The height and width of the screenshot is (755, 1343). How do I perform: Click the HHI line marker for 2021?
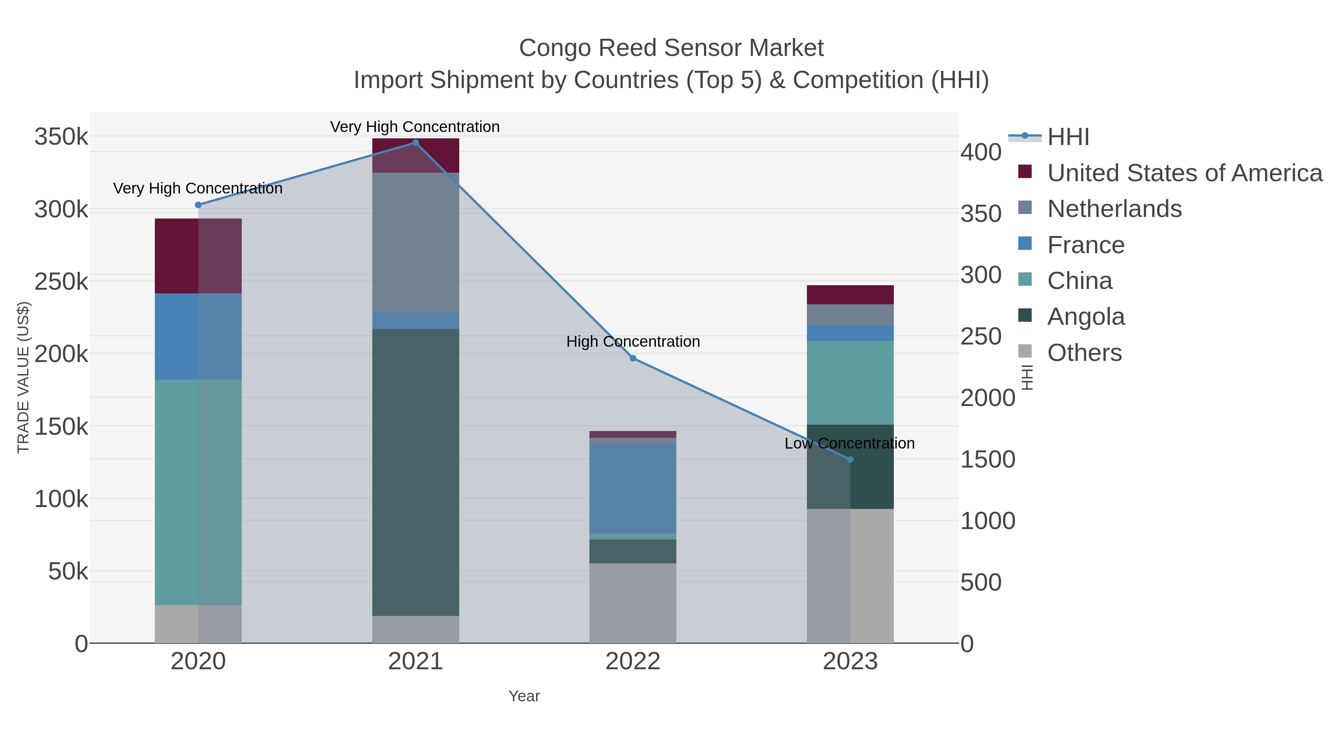point(416,143)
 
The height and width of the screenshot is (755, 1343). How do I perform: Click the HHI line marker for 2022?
point(633,358)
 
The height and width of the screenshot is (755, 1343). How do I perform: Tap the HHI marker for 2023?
point(850,460)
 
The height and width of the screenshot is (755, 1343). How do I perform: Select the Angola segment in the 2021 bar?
point(416,472)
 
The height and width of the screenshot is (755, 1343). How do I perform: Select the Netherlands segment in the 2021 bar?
point(416,242)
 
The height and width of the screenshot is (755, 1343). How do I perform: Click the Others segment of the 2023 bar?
point(850,576)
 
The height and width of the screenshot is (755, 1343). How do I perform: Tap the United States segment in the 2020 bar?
point(198,256)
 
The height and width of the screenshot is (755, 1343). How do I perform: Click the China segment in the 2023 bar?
point(850,383)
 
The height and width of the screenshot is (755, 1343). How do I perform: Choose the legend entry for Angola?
point(1086,317)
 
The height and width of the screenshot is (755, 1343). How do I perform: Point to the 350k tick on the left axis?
point(61,137)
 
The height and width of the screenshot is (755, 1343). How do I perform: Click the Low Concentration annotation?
point(849,443)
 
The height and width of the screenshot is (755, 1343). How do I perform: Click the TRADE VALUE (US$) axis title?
point(24,377)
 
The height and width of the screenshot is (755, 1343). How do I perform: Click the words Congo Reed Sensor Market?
point(671,48)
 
